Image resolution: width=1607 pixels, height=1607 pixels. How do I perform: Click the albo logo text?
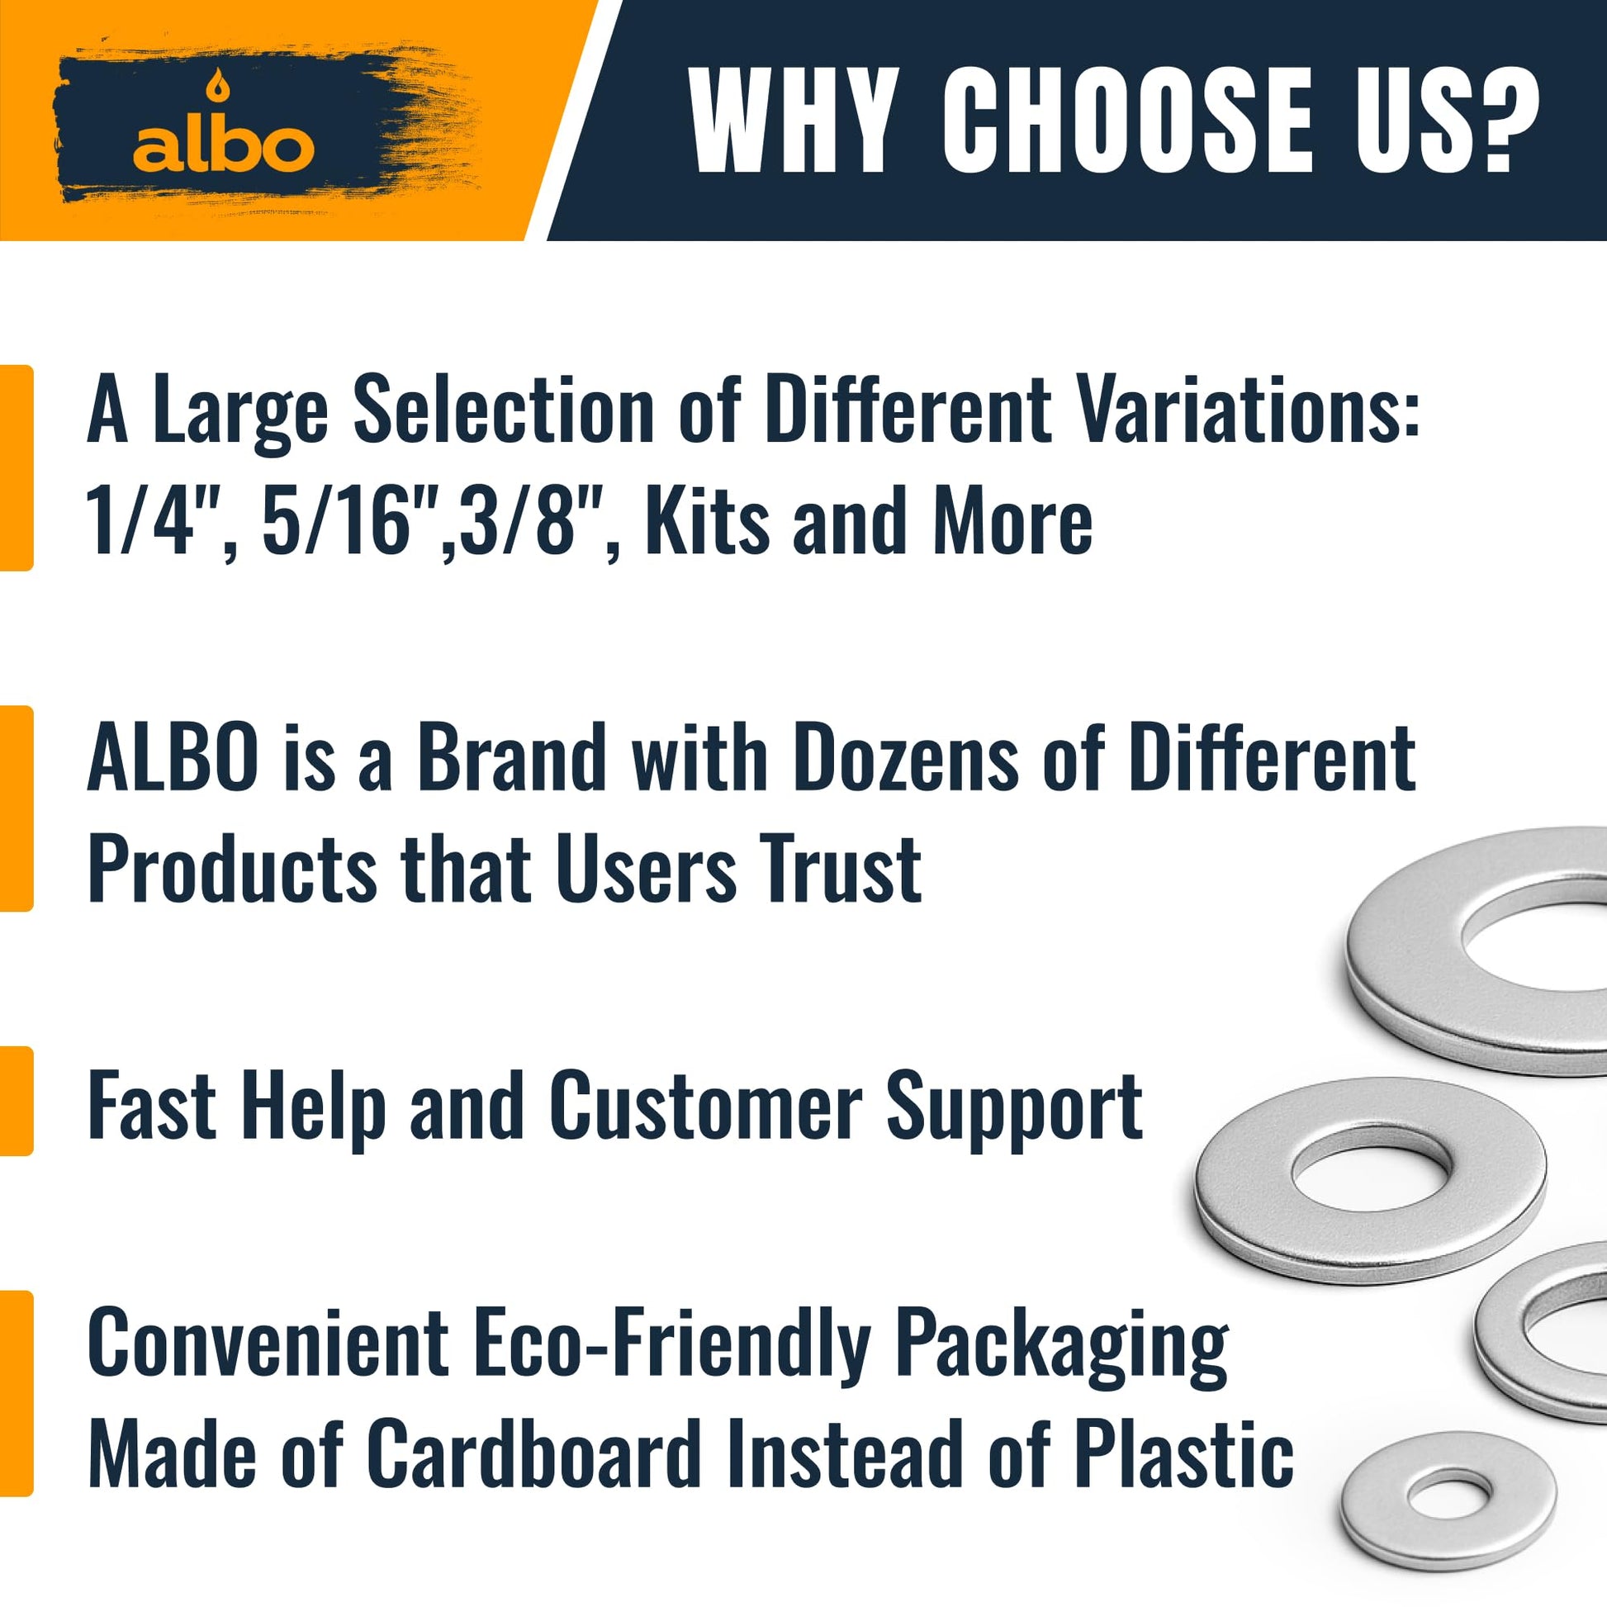[224, 146]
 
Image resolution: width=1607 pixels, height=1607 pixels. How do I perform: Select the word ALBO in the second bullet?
[172, 756]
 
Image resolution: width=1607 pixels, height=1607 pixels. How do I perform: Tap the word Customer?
[706, 1107]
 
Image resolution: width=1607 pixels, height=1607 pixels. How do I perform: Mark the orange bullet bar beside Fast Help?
[16, 1102]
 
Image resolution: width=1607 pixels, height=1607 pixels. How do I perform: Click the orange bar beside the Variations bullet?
[16, 467]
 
